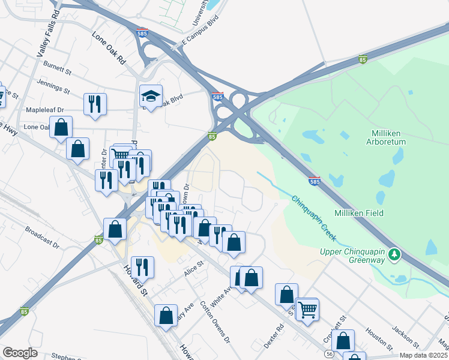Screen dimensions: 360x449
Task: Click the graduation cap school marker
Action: coord(151,96)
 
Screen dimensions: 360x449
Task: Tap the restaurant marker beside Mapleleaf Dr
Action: coord(95,104)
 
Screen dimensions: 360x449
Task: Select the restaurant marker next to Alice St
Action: coord(142,268)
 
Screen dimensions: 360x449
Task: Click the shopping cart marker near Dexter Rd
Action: coord(307,310)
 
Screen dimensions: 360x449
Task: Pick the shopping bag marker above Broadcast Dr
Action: coord(115,230)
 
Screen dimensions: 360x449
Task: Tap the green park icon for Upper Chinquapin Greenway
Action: coord(394,255)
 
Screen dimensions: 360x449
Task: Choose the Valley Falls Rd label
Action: coord(47,34)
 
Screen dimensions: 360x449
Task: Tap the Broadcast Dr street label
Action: coord(42,237)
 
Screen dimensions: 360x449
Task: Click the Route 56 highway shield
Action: coord(330,355)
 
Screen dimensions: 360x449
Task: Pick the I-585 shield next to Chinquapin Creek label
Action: coord(315,180)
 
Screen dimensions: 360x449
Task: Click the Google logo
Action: coord(20,353)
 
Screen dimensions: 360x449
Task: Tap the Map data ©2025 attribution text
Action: coord(423,356)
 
